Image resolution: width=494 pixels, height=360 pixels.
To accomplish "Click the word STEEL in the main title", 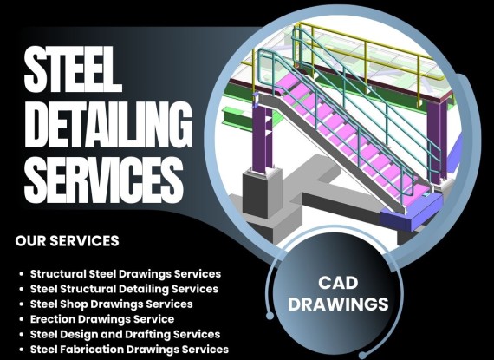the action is pos(73,69).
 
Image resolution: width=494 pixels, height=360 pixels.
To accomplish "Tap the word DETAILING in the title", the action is pos(108,125).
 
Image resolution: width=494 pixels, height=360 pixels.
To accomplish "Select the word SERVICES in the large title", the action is pos(104,180).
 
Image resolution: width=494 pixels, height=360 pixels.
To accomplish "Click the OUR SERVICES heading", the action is pos(67,241).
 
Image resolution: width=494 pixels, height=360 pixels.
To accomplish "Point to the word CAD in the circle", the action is pos(338,283).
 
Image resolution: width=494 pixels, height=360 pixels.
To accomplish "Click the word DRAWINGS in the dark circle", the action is pos(338,304).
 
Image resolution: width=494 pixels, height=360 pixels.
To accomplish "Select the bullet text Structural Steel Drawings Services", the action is pos(126,274).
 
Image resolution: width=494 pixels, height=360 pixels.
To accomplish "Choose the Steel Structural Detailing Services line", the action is pos(124,289).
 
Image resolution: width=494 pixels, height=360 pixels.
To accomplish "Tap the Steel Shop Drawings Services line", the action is pos(112,304).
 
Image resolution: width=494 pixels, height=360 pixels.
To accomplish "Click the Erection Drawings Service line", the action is pos(102,319).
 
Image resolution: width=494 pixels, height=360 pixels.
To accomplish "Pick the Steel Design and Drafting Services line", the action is pos(125,335).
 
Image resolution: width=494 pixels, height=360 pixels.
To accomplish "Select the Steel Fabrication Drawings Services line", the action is pos(129,350).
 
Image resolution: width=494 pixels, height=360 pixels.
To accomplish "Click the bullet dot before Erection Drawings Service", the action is pos(22,319).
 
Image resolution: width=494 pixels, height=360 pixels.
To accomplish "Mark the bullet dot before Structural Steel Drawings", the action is pos(22,274).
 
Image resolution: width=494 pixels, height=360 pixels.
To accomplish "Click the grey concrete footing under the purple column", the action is pos(262,193).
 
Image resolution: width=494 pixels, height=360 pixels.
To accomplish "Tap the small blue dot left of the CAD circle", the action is pos(270,316).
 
